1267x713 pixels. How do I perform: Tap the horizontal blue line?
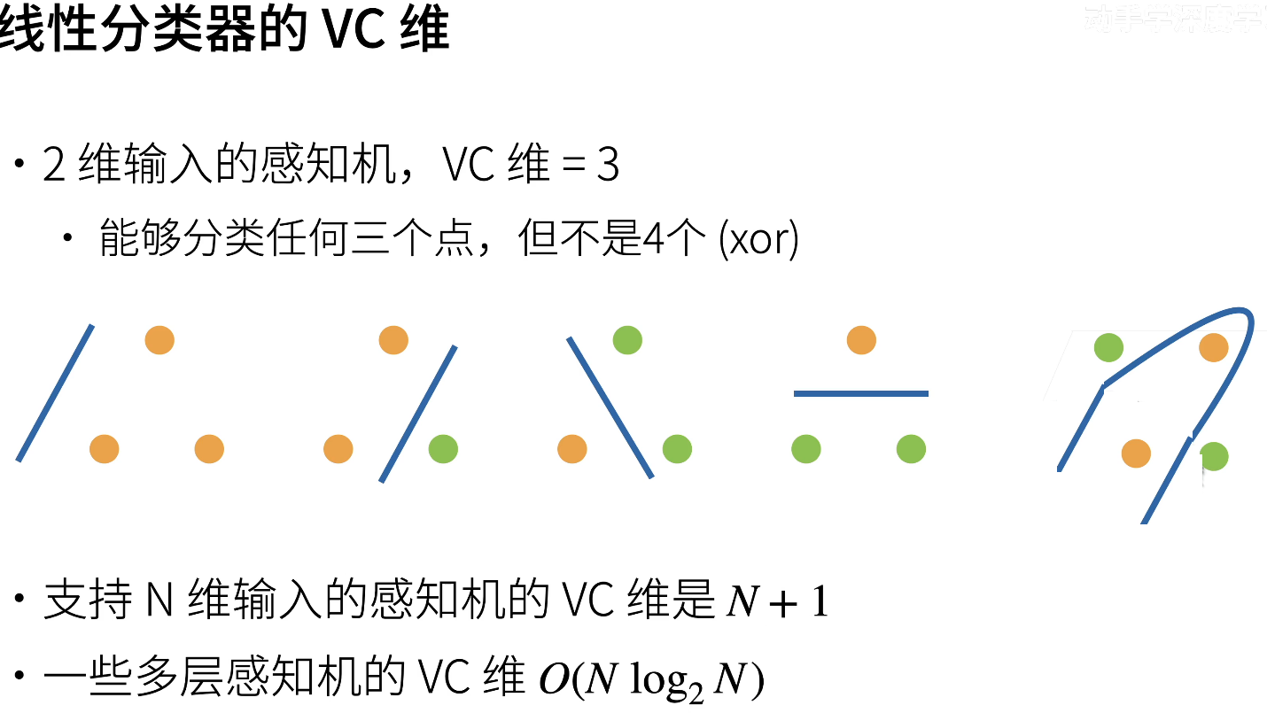[x=860, y=393]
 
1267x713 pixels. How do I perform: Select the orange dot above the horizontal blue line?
[x=861, y=340]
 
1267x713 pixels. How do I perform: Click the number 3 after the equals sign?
[x=608, y=166]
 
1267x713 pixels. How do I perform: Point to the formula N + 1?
[x=777, y=603]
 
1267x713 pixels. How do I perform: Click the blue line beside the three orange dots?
[x=54, y=392]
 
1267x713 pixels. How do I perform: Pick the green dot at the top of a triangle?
[x=627, y=340]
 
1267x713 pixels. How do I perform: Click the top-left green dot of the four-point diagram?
[x=1108, y=348]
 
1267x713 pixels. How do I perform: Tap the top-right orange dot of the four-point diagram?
[x=1213, y=348]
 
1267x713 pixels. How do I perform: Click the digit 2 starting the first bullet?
[x=54, y=166]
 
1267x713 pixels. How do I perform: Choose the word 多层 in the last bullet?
[x=181, y=680]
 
